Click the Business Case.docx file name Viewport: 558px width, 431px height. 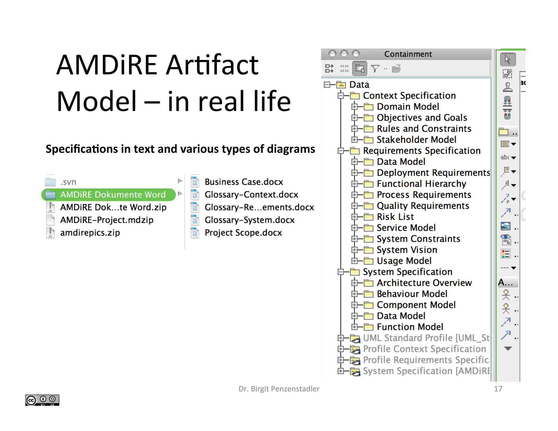click(x=244, y=182)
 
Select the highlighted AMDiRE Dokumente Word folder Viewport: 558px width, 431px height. click(x=113, y=195)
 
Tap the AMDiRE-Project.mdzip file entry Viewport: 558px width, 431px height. click(x=107, y=220)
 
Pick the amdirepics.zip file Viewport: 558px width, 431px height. click(x=90, y=233)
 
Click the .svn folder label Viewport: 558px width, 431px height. click(x=68, y=182)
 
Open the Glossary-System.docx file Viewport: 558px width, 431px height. click(x=249, y=220)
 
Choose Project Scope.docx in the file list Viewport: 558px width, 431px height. click(x=243, y=233)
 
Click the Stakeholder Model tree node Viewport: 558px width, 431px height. click(x=416, y=139)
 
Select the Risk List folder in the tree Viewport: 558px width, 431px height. click(x=395, y=217)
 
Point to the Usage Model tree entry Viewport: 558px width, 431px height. click(x=404, y=261)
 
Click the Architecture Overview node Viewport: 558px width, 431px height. click(x=424, y=283)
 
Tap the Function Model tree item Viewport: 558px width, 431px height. click(x=410, y=327)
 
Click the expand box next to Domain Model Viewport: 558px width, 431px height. click(x=354, y=107)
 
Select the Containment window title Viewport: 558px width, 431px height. click(x=408, y=54)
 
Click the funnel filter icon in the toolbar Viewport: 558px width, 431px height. click(x=375, y=69)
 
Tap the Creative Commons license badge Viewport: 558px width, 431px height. click(x=42, y=400)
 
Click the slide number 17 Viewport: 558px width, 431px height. click(x=498, y=389)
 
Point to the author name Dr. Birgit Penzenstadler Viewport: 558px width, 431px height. click(x=279, y=389)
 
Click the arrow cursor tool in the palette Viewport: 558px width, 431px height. click(x=508, y=59)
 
